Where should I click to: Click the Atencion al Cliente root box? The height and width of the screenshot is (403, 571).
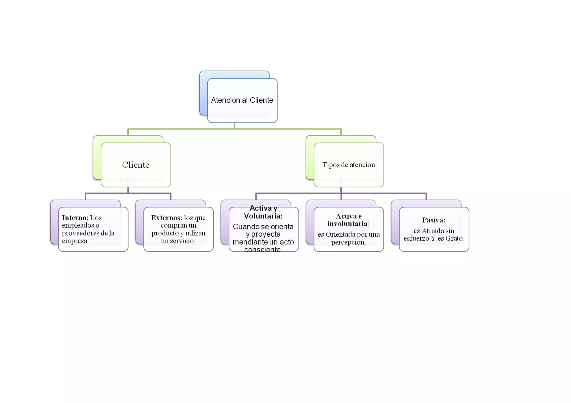242,100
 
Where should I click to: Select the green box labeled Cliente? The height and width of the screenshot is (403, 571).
136,165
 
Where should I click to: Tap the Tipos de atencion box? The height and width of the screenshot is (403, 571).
349,165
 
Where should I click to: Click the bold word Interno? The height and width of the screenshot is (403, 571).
75,218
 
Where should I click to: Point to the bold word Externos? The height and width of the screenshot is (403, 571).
166,218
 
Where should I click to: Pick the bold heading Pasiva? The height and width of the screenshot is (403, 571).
434,220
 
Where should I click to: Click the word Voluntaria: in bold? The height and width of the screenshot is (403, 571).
263,216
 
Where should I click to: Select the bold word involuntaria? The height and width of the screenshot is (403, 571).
347,224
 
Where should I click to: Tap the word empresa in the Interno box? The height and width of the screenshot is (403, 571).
75,241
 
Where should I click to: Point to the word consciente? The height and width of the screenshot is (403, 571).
263,250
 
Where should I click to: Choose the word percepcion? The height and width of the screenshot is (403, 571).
348,242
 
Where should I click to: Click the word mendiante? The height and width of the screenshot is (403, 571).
250,242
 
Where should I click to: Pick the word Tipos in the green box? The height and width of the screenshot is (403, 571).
331,165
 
